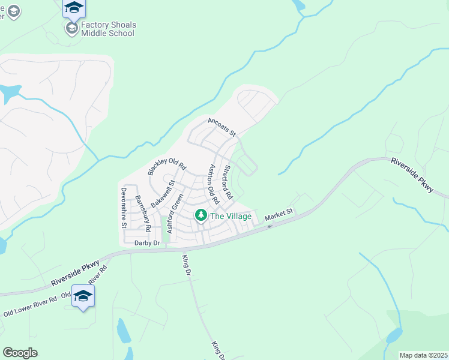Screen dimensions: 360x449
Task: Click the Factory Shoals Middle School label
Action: (108, 29)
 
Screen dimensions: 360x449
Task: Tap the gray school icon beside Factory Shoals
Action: (72, 29)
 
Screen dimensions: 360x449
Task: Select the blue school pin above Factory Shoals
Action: (74, 8)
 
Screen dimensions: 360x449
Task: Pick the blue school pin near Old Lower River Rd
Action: (83, 296)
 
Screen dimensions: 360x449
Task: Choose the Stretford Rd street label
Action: (227, 183)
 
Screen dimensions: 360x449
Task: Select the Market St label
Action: (279, 212)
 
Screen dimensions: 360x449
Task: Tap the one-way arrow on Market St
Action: (270, 226)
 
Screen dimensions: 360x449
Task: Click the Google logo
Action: (20, 353)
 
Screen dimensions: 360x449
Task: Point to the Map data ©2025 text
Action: (423, 355)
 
